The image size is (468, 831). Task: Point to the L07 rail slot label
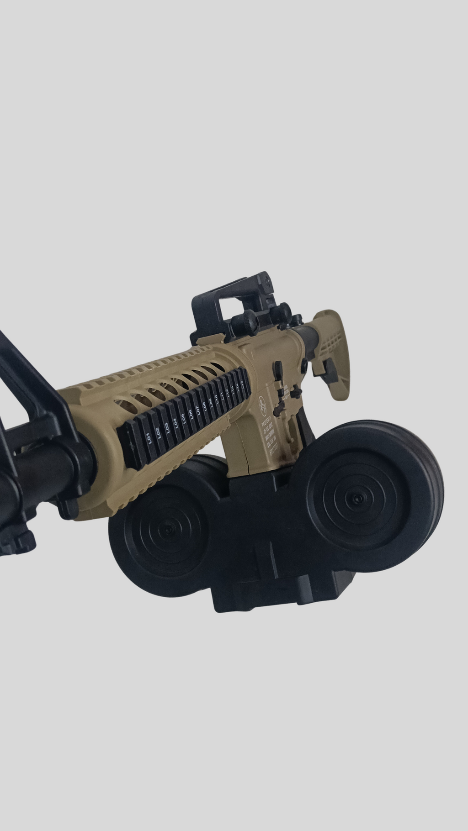197,410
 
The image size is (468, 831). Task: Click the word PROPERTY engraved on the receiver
266,422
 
